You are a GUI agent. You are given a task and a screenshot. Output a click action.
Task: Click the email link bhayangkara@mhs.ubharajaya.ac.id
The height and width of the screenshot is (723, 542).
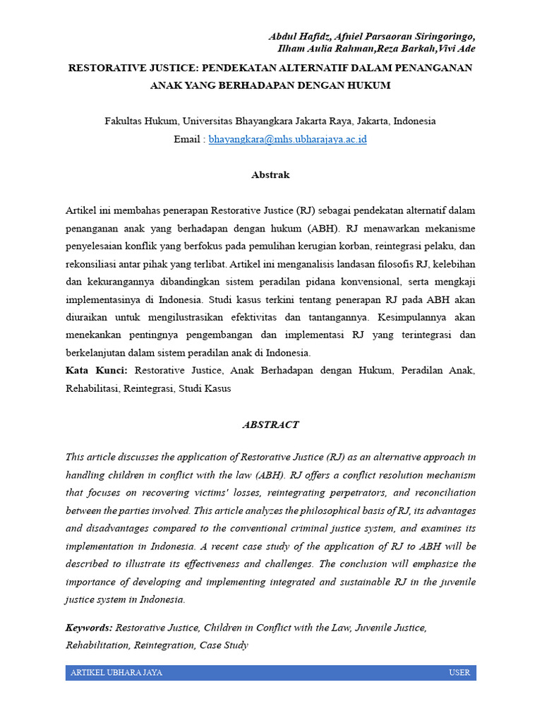287,139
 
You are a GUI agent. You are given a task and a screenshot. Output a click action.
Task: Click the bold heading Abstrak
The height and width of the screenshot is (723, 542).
270,174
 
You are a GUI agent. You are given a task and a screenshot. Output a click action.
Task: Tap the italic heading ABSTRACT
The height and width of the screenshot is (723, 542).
270,424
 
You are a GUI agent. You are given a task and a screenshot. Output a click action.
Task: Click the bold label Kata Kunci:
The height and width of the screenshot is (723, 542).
97,369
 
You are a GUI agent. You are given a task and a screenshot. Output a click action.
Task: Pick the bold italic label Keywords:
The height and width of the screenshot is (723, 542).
89,627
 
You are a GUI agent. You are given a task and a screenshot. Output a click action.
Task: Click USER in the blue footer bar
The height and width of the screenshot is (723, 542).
459,672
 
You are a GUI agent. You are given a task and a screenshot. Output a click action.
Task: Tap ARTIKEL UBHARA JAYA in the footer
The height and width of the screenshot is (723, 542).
116,672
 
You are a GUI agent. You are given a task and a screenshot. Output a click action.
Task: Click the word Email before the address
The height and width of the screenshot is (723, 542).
187,139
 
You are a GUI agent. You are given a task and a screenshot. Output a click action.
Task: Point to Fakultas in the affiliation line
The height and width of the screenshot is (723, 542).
124,121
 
